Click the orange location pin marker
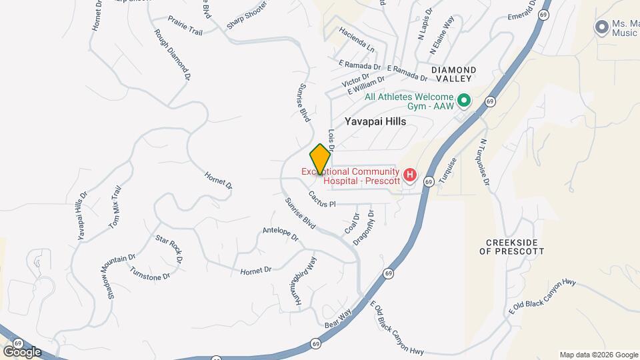(320, 159)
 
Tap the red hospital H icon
(410, 176)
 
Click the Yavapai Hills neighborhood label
(375, 121)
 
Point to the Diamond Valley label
(453, 74)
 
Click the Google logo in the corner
(22, 351)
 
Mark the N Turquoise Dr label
(484, 162)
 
